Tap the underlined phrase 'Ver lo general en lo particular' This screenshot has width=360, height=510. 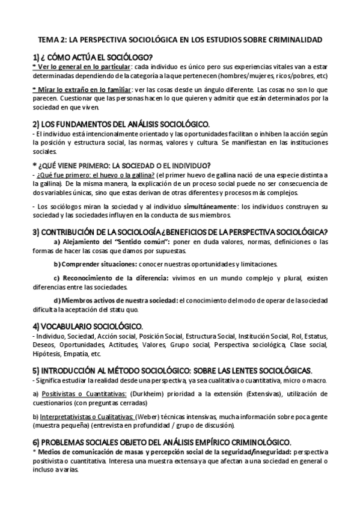pyautogui.click(x=82, y=67)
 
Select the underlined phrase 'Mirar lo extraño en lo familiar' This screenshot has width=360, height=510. pyautogui.click(x=83, y=90)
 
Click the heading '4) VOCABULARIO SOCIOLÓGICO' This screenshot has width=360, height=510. pyautogui.click(x=87, y=325)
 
